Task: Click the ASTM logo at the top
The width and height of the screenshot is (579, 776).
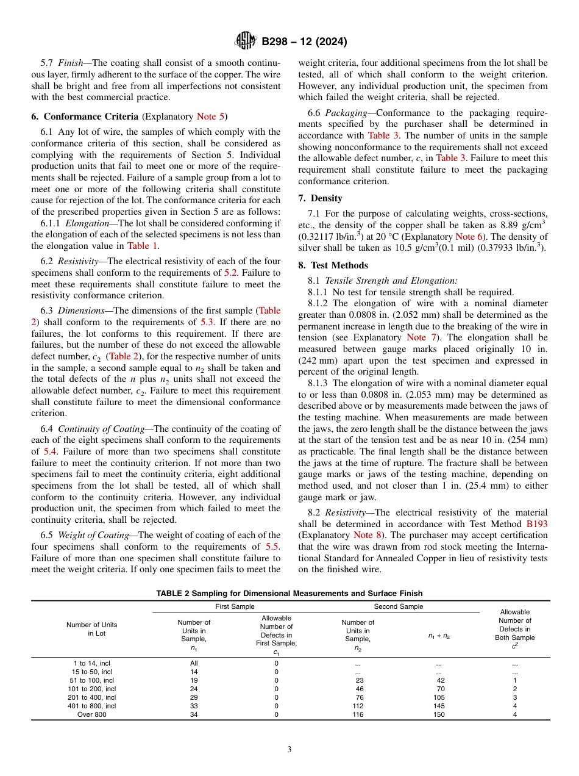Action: pos(246,41)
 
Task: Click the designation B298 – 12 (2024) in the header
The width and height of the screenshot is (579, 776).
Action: pos(304,42)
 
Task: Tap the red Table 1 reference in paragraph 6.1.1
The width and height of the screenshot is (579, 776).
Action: pos(143,246)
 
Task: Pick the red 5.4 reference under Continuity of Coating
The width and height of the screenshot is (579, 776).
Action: pos(51,451)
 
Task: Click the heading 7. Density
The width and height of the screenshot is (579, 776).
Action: pos(320,198)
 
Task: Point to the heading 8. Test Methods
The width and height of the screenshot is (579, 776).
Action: pos(333,265)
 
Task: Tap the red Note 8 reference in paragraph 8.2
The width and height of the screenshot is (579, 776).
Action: pos(368,535)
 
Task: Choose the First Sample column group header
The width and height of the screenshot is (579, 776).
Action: pos(235,606)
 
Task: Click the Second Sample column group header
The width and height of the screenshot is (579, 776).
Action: pos(398,606)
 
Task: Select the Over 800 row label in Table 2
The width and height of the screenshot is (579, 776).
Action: pos(92,714)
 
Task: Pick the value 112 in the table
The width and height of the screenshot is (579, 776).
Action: pos(358,706)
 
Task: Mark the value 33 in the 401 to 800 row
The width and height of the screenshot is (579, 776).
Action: pos(194,706)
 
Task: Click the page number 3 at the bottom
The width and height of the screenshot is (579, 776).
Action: pos(289,750)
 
